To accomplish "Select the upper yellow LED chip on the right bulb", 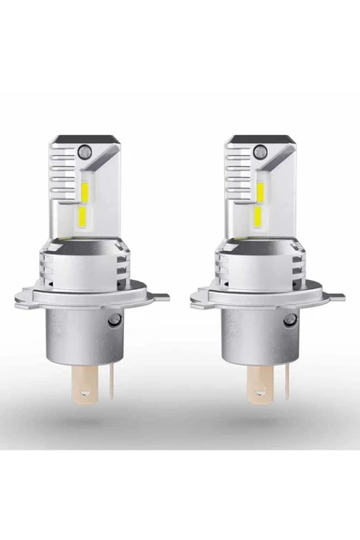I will pyautogui.click(x=258, y=190).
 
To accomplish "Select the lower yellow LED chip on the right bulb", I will pyautogui.click(x=258, y=214).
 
